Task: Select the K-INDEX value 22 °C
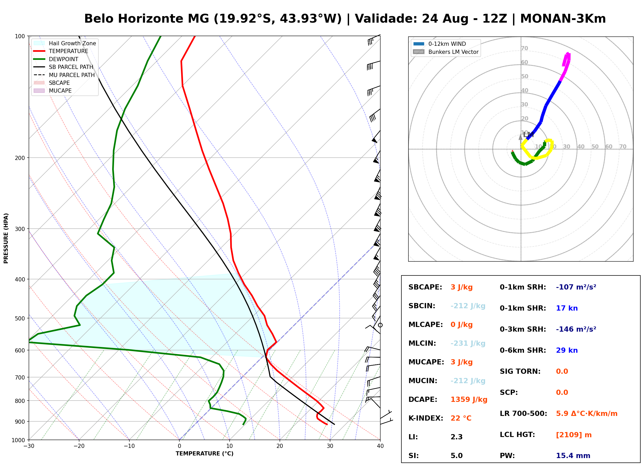[x=461, y=418]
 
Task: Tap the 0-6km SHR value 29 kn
[x=566, y=350]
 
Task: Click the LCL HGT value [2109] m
[x=574, y=435]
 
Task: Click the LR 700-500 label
[x=523, y=414]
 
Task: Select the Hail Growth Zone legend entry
[x=65, y=43]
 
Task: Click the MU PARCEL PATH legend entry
[x=64, y=75]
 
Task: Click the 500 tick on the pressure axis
[x=20, y=318]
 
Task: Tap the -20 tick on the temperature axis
[x=79, y=446]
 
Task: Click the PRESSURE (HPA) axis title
[x=6, y=238]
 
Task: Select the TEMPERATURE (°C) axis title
[x=204, y=454]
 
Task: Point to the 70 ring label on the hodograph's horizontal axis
[x=623, y=146]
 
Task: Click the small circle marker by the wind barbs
[x=380, y=325]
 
